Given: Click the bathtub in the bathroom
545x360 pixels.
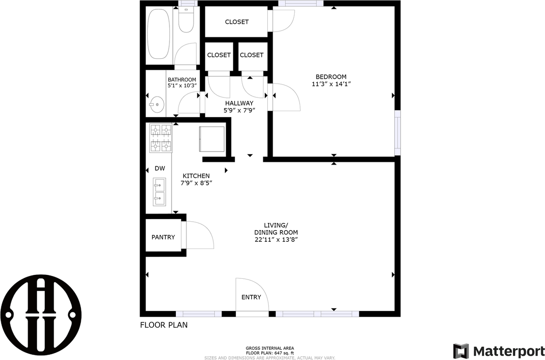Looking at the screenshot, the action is (x=159, y=34).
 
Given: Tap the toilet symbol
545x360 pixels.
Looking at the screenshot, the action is (x=186, y=20).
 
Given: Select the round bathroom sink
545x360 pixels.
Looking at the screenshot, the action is (x=157, y=105).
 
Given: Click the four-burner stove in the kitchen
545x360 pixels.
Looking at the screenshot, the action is (x=161, y=138).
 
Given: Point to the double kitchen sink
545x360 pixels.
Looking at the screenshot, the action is (x=159, y=192).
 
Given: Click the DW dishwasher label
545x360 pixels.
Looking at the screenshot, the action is (x=160, y=169).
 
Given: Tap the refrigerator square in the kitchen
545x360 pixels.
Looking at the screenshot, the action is (x=212, y=139).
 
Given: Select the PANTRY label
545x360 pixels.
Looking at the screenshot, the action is (x=163, y=237).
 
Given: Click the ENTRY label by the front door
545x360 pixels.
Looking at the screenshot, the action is (x=251, y=297).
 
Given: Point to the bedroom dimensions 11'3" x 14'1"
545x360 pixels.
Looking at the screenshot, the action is (x=331, y=84).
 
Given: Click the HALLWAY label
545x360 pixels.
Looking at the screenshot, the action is (x=239, y=103).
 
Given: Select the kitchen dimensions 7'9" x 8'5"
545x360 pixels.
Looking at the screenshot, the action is (x=196, y=183).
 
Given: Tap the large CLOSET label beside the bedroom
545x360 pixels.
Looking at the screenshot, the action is (x=237, y=22).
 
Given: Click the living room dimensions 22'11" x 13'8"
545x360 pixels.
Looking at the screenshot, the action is (x=276, y=240).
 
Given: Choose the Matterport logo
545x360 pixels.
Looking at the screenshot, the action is (x=499, y=351).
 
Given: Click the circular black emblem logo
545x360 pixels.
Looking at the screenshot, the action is (x=41, y=315).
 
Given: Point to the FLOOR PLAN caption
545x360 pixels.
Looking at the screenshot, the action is (x=164, y=325).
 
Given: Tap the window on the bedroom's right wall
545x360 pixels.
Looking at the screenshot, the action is (x=397, y=133).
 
